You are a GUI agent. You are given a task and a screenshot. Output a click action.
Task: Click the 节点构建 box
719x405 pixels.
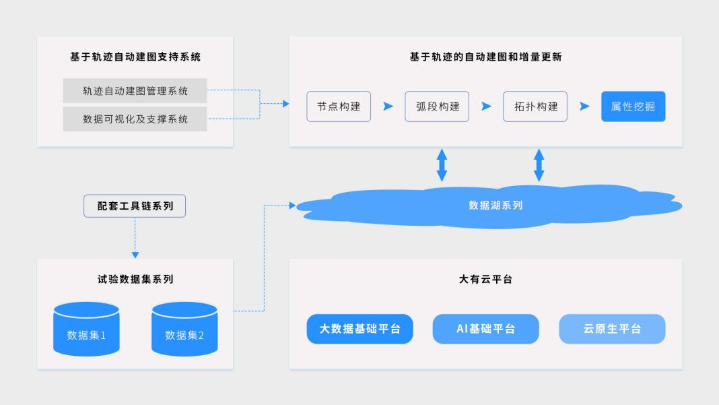pyautogui.click(x=339, y=106)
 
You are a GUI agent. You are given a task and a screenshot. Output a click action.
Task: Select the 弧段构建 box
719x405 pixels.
pyautogui.click(x=437, y=106)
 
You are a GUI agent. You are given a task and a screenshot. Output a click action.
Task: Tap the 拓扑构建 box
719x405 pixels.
pyautogui.click(x=535, y=106)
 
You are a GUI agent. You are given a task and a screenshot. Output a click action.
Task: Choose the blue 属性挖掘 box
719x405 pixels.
pyautogui.click(x=633, y=106)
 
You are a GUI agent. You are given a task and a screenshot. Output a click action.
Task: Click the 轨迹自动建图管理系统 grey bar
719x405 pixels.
pyautogui.click(x=135, y=91)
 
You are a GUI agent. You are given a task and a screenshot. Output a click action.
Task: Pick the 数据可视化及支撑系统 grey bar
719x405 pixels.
pyautogui.click(x=135, y=119)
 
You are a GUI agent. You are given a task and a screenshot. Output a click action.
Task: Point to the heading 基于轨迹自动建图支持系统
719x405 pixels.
pyautogui.click(x=135, y=57)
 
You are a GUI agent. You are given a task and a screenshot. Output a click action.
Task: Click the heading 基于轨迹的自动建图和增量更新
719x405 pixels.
pyautogui.click(x=485, y=57)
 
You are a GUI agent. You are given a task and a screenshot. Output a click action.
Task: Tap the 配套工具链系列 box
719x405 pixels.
pyautogui.click(x=135, y=206)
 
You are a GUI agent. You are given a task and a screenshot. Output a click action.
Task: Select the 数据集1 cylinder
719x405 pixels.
pyautogui.click(x=86, y=330)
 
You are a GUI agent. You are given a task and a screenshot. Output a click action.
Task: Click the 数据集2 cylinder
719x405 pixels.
pyautogui.click(x=184, y=330)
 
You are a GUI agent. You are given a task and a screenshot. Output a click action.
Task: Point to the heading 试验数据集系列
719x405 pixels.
pyautogui.click(x=135, y=279)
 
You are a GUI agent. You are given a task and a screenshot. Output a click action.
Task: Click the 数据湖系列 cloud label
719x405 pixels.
pyautogui.click(x=495, y=206)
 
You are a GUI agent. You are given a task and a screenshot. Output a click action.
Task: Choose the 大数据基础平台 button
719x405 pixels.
pyautogui.click(x=359, y=329)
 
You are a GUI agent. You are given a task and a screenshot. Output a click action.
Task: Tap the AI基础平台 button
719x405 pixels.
pyautogui.click(x=485, y=329)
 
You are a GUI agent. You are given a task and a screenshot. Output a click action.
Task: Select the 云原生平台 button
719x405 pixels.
pyautogui.click(x=612, y=329)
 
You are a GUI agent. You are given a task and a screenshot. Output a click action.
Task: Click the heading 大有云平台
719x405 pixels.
pyautogui.click(x=485, y=279)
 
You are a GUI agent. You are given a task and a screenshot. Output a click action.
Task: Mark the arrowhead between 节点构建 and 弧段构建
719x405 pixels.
pyautogui.click(x=388, y=106)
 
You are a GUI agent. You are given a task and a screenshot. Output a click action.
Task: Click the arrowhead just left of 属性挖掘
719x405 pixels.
pyautogui.click(x=584, y=106)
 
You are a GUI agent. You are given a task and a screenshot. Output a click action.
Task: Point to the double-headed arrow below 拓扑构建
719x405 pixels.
pyautogui.click(x=539, y=165)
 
